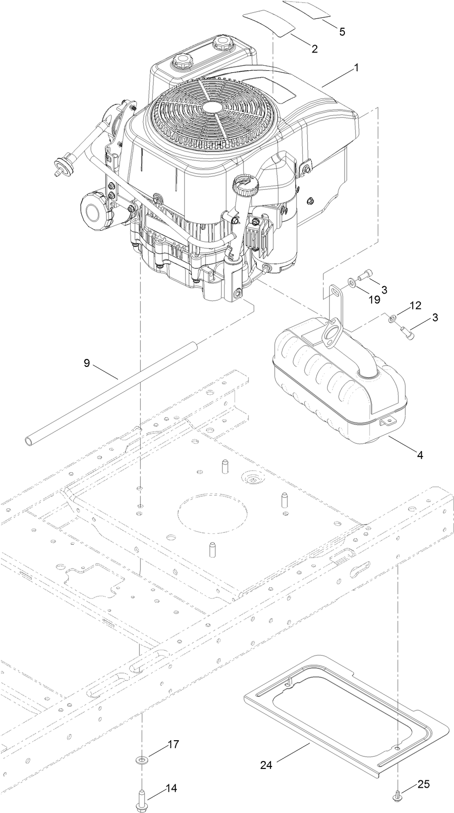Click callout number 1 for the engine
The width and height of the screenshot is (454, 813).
coord(356,68)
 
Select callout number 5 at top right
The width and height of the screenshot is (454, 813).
coord(342,31)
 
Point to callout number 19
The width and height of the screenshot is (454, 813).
coord(374,300)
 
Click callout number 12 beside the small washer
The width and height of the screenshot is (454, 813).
coord(415,305)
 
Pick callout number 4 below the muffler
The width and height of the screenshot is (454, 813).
coord(420,455)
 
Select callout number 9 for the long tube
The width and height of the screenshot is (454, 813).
coord(87,363)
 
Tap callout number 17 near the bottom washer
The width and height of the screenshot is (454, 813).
coord(173,744)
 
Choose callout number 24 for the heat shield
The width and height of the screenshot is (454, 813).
coord(266,765)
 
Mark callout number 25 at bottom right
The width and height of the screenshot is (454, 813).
coord(424,784)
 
